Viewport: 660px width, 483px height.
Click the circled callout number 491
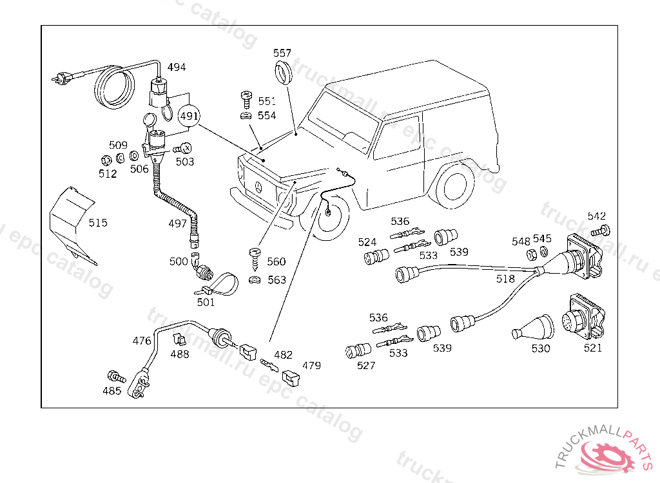[189, 116]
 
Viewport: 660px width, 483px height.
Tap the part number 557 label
[282, 53]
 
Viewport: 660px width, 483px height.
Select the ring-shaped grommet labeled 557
[283, 71]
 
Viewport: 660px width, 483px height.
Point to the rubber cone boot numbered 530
[533, 327]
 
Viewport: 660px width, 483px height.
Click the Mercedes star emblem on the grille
[259, 187]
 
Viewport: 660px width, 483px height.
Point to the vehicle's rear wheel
[454, 185]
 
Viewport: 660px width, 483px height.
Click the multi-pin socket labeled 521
[583, 318]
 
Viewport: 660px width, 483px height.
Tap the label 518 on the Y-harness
[505, 278]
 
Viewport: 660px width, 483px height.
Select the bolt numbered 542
[601, 231]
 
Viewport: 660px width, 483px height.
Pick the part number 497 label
[177, 223]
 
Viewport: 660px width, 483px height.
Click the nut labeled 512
[106, 160]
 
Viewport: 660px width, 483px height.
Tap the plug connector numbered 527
[358, 350]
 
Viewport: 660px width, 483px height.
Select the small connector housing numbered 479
[291, 377]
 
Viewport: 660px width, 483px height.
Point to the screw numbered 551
[247, 100]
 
